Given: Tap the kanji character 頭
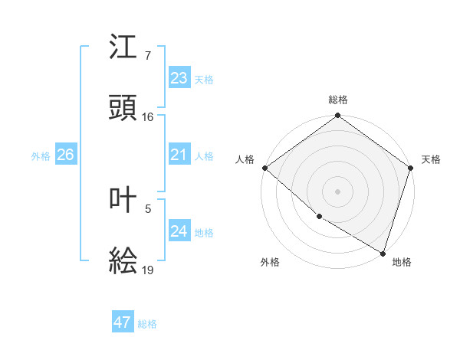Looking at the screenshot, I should point(123,108).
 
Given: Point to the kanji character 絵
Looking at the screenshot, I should point(123,261).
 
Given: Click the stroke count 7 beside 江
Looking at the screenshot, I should point(147,56).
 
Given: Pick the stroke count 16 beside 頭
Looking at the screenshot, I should point(148,117).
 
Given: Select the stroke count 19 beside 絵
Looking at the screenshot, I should point(148,270).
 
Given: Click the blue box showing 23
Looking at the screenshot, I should point(179,78).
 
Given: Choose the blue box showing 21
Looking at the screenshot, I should point(179,155).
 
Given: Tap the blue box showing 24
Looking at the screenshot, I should point(179,231).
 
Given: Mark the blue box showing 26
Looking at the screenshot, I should point(65,155).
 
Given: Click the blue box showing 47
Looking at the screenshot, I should point(122,322).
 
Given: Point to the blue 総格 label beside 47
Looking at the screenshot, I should point(147,324).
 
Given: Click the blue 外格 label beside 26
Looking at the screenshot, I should point(41,156).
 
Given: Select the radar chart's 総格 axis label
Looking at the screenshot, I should point(338,100).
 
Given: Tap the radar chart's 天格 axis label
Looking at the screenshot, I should point(431,159).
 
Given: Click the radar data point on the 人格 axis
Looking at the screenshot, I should point(264,168).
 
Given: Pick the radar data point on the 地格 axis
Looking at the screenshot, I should point(383,252).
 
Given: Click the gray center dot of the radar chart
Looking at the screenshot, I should point(338,191).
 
